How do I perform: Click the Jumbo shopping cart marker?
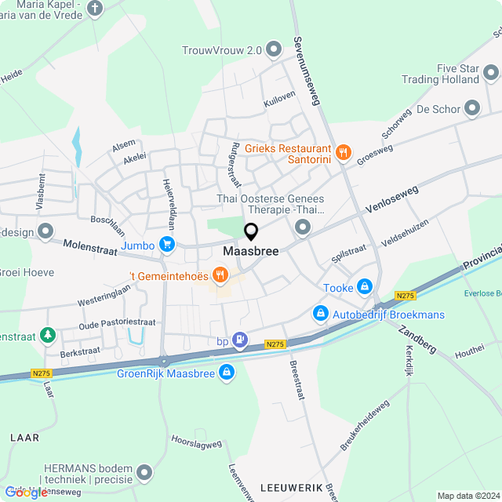click(x=166, y=245)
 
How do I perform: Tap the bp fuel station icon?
click(x=241, y=340)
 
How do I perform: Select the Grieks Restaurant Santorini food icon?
click(x=342, y=152)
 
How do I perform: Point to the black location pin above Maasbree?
click(x=251, y=232)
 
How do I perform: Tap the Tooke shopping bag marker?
click(x=364, y=288)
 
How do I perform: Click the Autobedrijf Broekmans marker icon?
click(x=320, y=314)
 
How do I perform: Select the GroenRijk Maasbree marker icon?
click(x=226, y=371)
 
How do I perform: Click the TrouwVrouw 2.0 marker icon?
click(x=274, y=50)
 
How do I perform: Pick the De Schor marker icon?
click(x=472, y=108)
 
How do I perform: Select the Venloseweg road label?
click(x=391, y=200)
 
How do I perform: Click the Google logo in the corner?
click(x=26, y=492)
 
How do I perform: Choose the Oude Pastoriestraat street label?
click(x=118, y=322)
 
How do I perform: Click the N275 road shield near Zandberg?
click(x=405, y=296)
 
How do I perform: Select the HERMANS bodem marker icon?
click(x=144, y=471)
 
